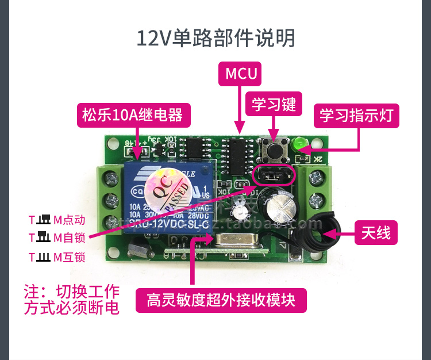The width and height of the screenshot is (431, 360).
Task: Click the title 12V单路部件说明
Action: [215, 38]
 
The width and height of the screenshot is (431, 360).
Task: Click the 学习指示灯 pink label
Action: [356, 115]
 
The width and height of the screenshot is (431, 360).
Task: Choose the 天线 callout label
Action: [376, 233]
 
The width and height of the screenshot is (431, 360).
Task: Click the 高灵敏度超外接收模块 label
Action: [221, 300]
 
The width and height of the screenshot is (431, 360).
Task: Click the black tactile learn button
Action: [272, 151]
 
